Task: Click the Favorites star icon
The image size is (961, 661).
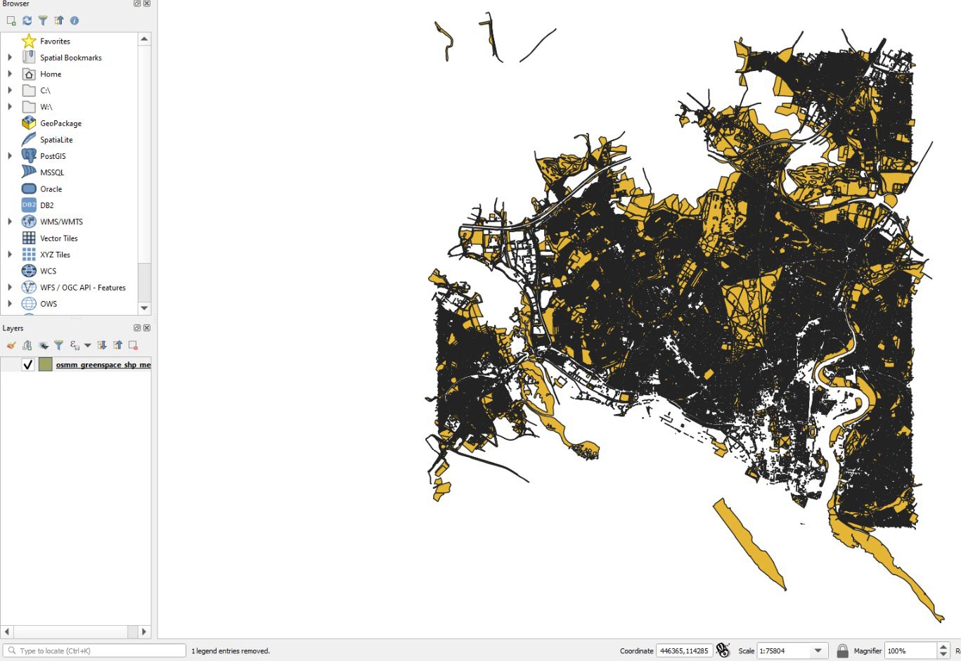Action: [29, 41]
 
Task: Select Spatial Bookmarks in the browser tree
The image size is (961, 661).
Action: [70, 58]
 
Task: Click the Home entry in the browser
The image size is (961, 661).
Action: [50, 74]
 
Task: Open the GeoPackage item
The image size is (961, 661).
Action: [60, 123]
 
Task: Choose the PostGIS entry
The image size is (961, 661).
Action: [53, 156]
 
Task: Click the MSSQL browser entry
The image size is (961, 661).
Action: [51, 172]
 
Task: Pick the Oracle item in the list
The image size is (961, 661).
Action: [51, 189]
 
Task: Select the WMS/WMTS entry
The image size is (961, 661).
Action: [61, 222]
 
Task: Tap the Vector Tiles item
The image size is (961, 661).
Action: [58, 238]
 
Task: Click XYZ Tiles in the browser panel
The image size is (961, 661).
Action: [55, 255]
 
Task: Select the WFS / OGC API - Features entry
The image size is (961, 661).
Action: [82, 288]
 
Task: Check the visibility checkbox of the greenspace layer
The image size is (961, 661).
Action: [28, 364]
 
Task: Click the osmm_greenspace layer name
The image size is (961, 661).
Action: [103, 365]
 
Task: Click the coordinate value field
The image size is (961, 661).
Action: [684, 651]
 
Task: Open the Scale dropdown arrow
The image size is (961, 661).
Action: [818, 651]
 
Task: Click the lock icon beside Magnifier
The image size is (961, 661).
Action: [842, 651]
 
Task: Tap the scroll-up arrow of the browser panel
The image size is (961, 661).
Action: [144, 39]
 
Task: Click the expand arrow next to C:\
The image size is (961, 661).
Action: [10, 90]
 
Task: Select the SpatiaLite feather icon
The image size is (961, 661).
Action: [29, 139]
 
